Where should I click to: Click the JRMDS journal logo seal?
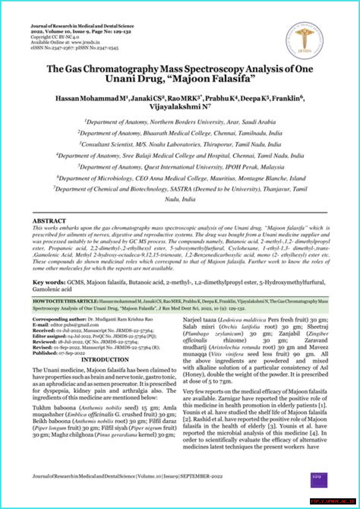pyautogui.click(x=304, y=41)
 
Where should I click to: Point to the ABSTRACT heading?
pyautogui.click(x=49, y=221)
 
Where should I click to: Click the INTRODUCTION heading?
pyautogui.click(x=105, y=360)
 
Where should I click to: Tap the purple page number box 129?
pyautogui.click(x=319, y=480)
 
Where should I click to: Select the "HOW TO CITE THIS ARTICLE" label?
pyautogui.click(x=65, y=301)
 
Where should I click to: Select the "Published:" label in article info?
pyautogui.click(x=45, y=353)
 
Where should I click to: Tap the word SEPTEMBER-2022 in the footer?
pyautogui.click(x=201, y=476)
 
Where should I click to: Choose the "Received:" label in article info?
pyautogui.click(x=44, y=330)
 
